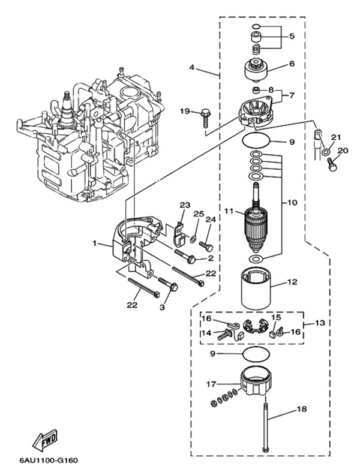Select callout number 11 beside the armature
pyautogui.click(x=229, y=211)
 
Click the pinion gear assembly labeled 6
pyautogui.click(x=257, y=71)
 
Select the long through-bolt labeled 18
pyautogui.click(x=266, y=428)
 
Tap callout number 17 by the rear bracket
pyautogui.click(x=211, y=384)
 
